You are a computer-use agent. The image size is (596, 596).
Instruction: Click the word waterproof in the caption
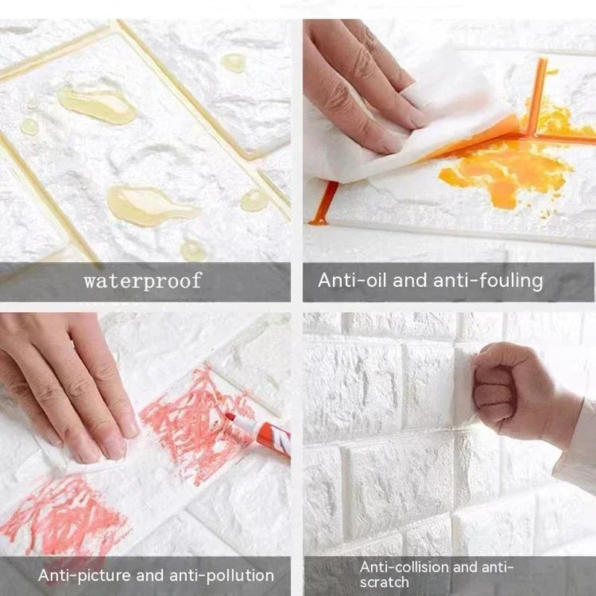click(x=142, y=281)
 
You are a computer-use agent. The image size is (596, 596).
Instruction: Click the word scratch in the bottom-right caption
click(x=385, y=582)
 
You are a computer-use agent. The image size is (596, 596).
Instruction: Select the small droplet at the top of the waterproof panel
click(x=234, y=63)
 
